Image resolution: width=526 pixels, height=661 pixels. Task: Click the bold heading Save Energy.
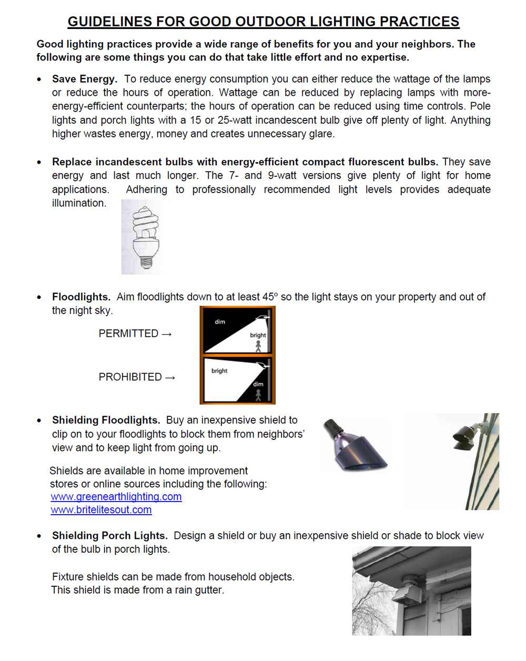point(84,79)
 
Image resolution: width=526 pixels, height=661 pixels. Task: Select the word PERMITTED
point(128,334)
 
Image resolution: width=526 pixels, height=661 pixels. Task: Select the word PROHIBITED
point(130,377)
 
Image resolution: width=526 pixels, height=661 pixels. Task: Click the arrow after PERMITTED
point(167,334)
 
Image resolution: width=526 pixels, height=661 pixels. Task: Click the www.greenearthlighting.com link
point(116,497)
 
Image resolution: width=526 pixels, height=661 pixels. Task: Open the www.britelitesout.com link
point(101,510)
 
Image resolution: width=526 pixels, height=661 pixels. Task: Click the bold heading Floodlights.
point(81,297)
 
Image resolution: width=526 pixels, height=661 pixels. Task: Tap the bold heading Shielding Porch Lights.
point(109,536)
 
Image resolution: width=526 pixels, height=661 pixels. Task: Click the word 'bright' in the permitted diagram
point(258,335)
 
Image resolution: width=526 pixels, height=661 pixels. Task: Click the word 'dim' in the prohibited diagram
point(258,384)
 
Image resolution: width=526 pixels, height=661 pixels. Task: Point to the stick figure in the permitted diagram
point(258,346)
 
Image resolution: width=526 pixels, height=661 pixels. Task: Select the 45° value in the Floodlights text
point(270,297)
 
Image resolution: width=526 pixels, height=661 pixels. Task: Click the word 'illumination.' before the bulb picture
point(79,203)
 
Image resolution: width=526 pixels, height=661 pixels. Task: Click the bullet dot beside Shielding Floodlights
point(39,421)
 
